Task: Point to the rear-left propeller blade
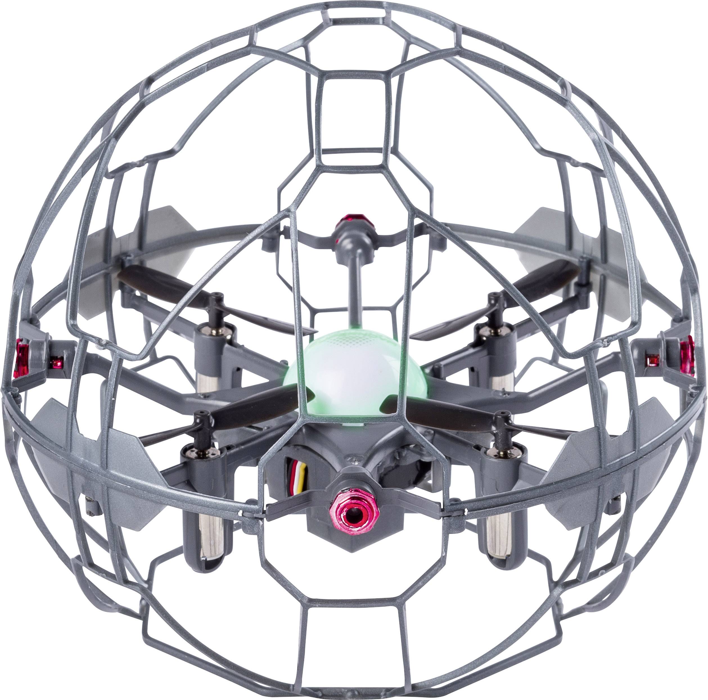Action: click(161, 284)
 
